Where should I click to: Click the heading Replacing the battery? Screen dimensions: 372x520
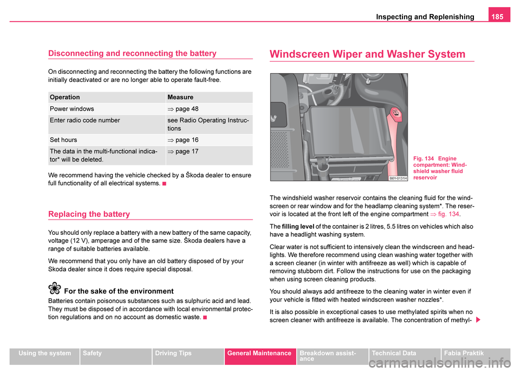(89, 214)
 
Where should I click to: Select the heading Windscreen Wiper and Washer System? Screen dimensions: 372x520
(367, 54)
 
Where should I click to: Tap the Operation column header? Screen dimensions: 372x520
(64, 97)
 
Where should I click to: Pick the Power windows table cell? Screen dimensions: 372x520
(71, 109)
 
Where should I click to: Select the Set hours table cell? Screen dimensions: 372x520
(63, 140)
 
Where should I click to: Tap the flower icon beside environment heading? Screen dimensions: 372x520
(55, 289)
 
